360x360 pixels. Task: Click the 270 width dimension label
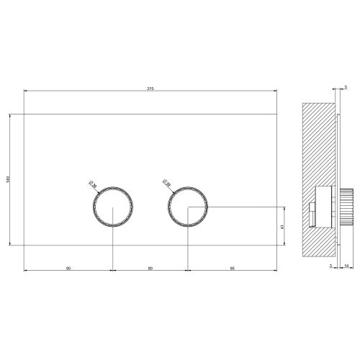click(x=150, y=89)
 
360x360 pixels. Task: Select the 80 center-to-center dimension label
click(x=150, y=268)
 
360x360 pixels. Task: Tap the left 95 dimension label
click(x=68, y=268)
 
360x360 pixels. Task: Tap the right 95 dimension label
click(x=232, y=268)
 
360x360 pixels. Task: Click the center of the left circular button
click(x=113, y=208)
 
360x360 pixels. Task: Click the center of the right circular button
click(x=187, y=208)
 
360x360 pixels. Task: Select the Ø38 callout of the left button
click(x=92, y=184)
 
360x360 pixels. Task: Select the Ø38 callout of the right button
click(x=166, y=184)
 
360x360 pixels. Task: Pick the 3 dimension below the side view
click(x=330, y=266)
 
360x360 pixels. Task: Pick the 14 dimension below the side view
click(x=346, y=266)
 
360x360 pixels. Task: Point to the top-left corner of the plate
click(x=24, y=113)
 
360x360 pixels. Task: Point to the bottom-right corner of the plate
click(x=277, y=245)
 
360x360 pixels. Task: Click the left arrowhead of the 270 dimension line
click(x=26, y=92)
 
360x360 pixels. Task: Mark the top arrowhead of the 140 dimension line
click(x=11, y=114)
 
